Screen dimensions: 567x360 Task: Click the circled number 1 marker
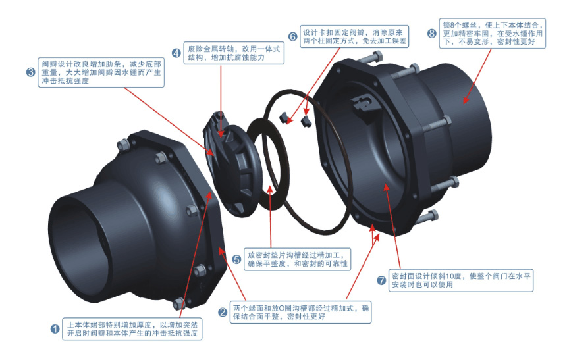55,329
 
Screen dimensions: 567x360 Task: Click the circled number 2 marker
223,312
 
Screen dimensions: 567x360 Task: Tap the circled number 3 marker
31,72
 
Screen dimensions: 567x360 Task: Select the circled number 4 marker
176,53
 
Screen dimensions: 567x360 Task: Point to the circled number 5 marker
236,259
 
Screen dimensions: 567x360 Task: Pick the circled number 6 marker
293,36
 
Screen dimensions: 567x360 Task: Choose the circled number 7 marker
381,280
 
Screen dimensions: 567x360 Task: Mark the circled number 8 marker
432,34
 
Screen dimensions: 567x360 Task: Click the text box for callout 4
234,53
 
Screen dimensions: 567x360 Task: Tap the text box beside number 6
354,36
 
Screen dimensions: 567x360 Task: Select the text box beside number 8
493,34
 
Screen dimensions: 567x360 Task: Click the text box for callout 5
297,259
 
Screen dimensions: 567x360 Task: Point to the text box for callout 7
461,280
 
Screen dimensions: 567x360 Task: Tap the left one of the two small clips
284,117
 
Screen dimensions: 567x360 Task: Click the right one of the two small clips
306,122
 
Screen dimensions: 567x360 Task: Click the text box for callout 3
101,72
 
